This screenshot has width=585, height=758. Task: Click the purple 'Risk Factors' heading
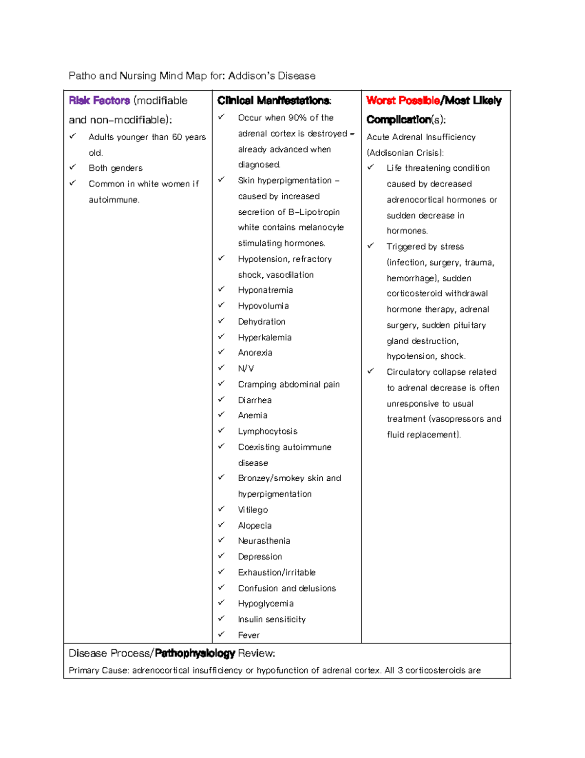pos(99,101)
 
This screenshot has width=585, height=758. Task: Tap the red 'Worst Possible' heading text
pos(403,101)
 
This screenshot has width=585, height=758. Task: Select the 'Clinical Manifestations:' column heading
pos(274,101)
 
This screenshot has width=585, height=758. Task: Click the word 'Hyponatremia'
pos(265,290)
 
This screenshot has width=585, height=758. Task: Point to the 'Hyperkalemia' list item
pos(265,337)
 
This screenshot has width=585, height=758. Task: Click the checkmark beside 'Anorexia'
pos(221,351)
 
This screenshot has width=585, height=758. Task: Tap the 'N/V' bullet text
pos(246,369)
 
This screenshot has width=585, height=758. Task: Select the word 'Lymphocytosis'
pos(268,431)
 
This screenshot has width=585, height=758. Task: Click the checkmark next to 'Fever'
pos(221,634)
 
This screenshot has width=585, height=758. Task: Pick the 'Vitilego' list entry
pos(253,510)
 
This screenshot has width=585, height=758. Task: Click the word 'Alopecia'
pos(254,526)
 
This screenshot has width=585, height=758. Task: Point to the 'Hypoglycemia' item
pos(266,604)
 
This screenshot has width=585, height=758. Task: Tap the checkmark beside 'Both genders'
pos(73,167)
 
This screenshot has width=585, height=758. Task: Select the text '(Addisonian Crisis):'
pos(405,153)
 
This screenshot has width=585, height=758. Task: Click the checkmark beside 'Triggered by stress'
pos(371,246)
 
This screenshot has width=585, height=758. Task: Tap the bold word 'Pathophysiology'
pos(195,653)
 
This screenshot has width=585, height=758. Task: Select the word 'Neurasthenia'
pos(264,541)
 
